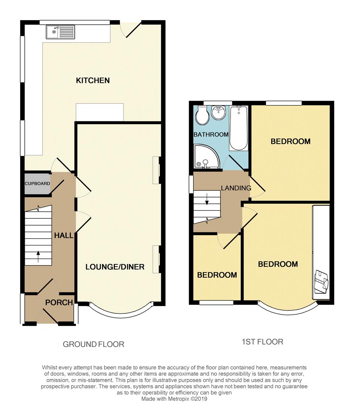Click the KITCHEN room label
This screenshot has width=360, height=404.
93,80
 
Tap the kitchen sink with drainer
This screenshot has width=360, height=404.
61,32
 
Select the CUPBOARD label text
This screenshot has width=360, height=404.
37,184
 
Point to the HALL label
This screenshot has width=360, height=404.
64,236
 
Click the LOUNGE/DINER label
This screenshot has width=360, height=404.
115,267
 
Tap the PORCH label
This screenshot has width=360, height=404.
59,302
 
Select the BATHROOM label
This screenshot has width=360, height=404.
211,135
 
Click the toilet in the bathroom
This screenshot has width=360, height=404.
202,116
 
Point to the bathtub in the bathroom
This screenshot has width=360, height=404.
238,128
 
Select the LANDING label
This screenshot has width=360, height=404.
236,188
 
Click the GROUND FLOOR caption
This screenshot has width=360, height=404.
93,344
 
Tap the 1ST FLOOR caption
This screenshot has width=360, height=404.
262,342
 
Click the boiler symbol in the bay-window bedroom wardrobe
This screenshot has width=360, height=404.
321,281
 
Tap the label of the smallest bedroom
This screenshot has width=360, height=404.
217,275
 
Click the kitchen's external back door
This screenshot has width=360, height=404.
131,30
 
